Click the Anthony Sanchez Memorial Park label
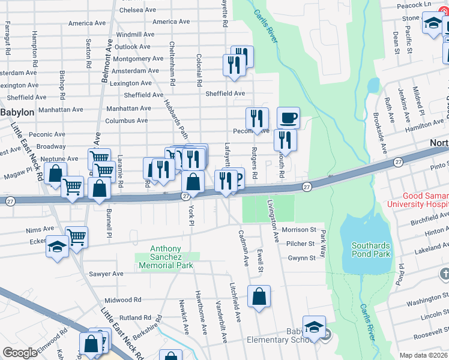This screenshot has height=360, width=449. click(165, 257)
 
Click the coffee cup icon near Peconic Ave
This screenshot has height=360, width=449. click(288, 117)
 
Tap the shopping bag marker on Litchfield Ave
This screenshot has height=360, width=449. click(259, 296)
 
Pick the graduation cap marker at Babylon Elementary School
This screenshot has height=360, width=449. click(314, 327)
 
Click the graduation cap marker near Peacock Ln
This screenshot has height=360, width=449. click(433, 25)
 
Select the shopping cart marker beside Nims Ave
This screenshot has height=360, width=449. click(77, 238)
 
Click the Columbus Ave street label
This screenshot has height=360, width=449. click(127, 121)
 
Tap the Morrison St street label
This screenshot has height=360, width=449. click(298, 230)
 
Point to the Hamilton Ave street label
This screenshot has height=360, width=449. click(424, 128)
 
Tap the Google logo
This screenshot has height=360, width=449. click(20, 352)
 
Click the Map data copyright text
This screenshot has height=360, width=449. click(424, 355)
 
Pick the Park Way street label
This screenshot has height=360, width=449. click(323, 240)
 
